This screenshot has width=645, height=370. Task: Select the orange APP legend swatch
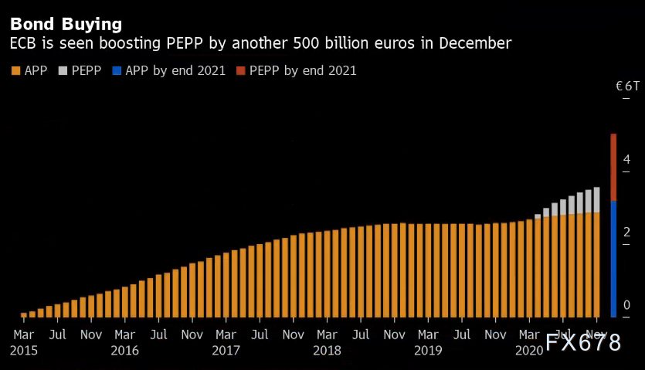click(x=15, y=71)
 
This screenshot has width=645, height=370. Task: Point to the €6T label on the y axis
click(x=627, y=86)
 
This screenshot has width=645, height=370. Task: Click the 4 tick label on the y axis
click(x=626, y=159)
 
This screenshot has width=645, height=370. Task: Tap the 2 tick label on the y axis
click(x=626, y=232)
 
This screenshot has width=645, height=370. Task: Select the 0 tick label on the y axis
click(x=626, y=304)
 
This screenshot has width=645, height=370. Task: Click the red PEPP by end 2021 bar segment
click(x=613, y=167)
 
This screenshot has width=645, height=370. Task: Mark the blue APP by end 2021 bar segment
click(x=613, y=259)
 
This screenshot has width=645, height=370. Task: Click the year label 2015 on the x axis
click(x=23, y=350)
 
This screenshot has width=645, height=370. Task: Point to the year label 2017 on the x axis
click(x=226, y=350)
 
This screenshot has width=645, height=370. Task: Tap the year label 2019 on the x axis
click(x=428, y=350)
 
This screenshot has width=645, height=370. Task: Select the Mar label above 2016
click(x=124, y=335)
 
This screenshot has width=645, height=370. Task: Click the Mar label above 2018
click(x=327, y=335)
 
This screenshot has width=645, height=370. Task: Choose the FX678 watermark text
click(x=583, y=344)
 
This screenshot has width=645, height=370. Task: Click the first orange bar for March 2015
click(x=24, y=314)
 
